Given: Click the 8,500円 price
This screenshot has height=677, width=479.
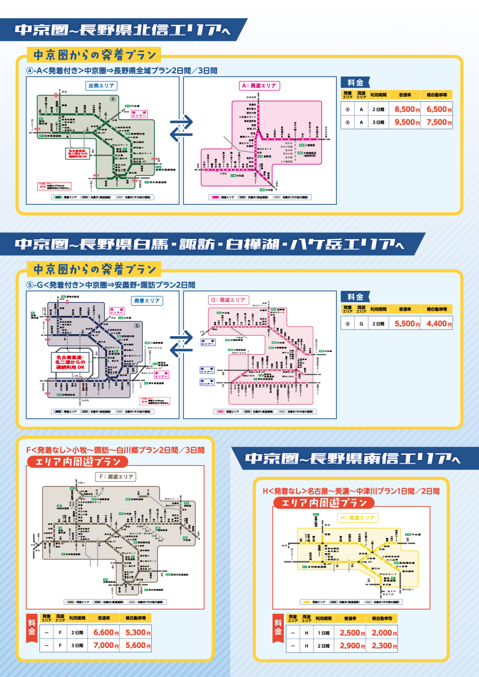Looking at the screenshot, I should tap(407, 109).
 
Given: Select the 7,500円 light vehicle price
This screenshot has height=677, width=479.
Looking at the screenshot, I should tap(439, 122).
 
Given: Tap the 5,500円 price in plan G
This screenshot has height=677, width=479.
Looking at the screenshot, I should tap(407, 323).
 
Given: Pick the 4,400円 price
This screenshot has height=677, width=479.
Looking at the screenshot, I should tap(439, 323).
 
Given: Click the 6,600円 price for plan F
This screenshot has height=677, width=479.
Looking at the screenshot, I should tap(105, 632).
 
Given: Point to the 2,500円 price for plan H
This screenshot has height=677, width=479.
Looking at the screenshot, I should tap(352, 633).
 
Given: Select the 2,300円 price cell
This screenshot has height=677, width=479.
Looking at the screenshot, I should tap(384, 645).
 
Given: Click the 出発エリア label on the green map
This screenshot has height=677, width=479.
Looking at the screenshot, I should tap(101, 86).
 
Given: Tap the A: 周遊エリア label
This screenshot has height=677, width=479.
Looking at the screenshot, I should tap(259, 86).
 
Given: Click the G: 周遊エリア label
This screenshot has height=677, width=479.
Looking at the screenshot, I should tap(228, 300).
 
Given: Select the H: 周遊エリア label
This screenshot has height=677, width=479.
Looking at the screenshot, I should tap(357, 518).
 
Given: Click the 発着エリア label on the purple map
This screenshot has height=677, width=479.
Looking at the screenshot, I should tap(147, 301).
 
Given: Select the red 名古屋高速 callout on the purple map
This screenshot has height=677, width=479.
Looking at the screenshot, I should tap(70, 362).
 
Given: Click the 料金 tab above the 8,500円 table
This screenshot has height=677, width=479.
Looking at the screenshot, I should tap(355, 83).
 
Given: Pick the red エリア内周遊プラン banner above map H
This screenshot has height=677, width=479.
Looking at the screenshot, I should tap(324, 503).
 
